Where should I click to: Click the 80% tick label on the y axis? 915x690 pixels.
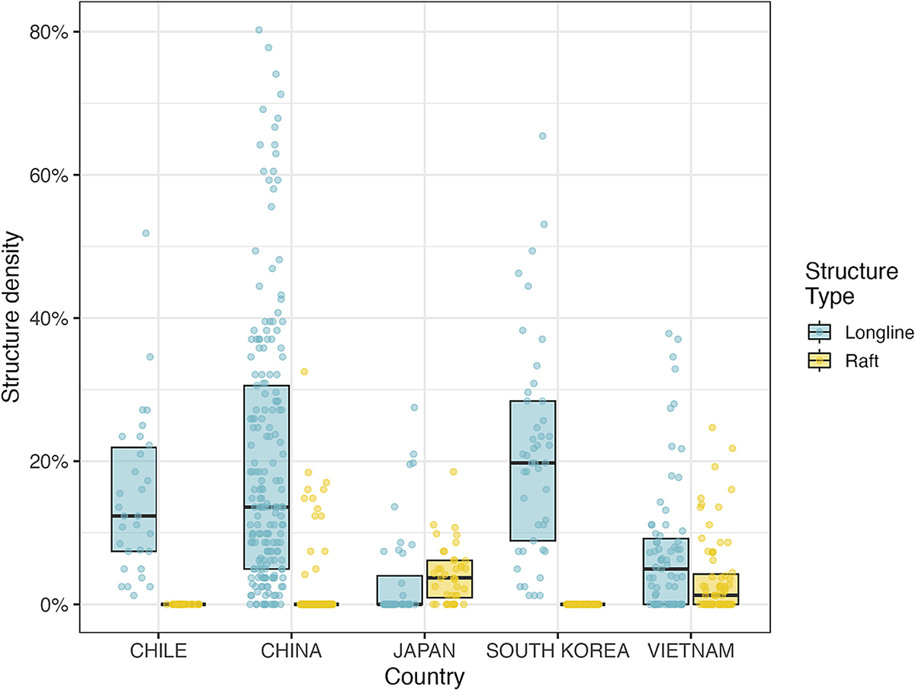(x=51, y=32)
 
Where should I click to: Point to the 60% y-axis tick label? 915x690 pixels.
(x=51, y=175)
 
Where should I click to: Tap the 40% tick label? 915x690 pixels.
(x=51, y=318)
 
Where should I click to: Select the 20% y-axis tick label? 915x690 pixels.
(x=51, y=462)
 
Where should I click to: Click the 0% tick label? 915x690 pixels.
(x=55, y=605)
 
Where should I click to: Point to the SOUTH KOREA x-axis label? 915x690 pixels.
(x=557, y=652)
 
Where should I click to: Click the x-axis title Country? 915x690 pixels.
(x=425, y=676)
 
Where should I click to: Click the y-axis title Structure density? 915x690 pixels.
(x=12, y=318)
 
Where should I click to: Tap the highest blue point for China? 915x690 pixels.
(x=259, y=31)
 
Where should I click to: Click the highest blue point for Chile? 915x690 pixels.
(x=146, y=233)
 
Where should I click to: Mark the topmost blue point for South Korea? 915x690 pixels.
(x=543, y=136)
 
